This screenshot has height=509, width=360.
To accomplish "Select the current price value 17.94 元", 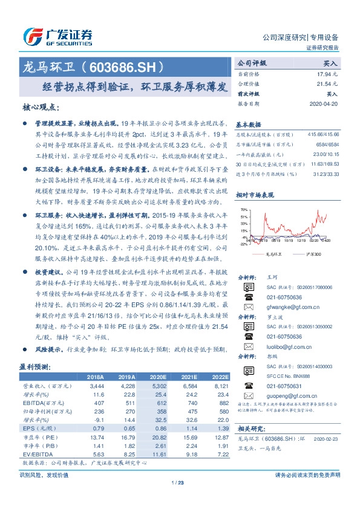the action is tap(326, 74).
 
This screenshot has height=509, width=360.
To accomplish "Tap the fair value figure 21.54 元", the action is tap(326, 84).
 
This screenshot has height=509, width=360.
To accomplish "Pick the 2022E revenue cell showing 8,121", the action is tap(218, 385).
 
